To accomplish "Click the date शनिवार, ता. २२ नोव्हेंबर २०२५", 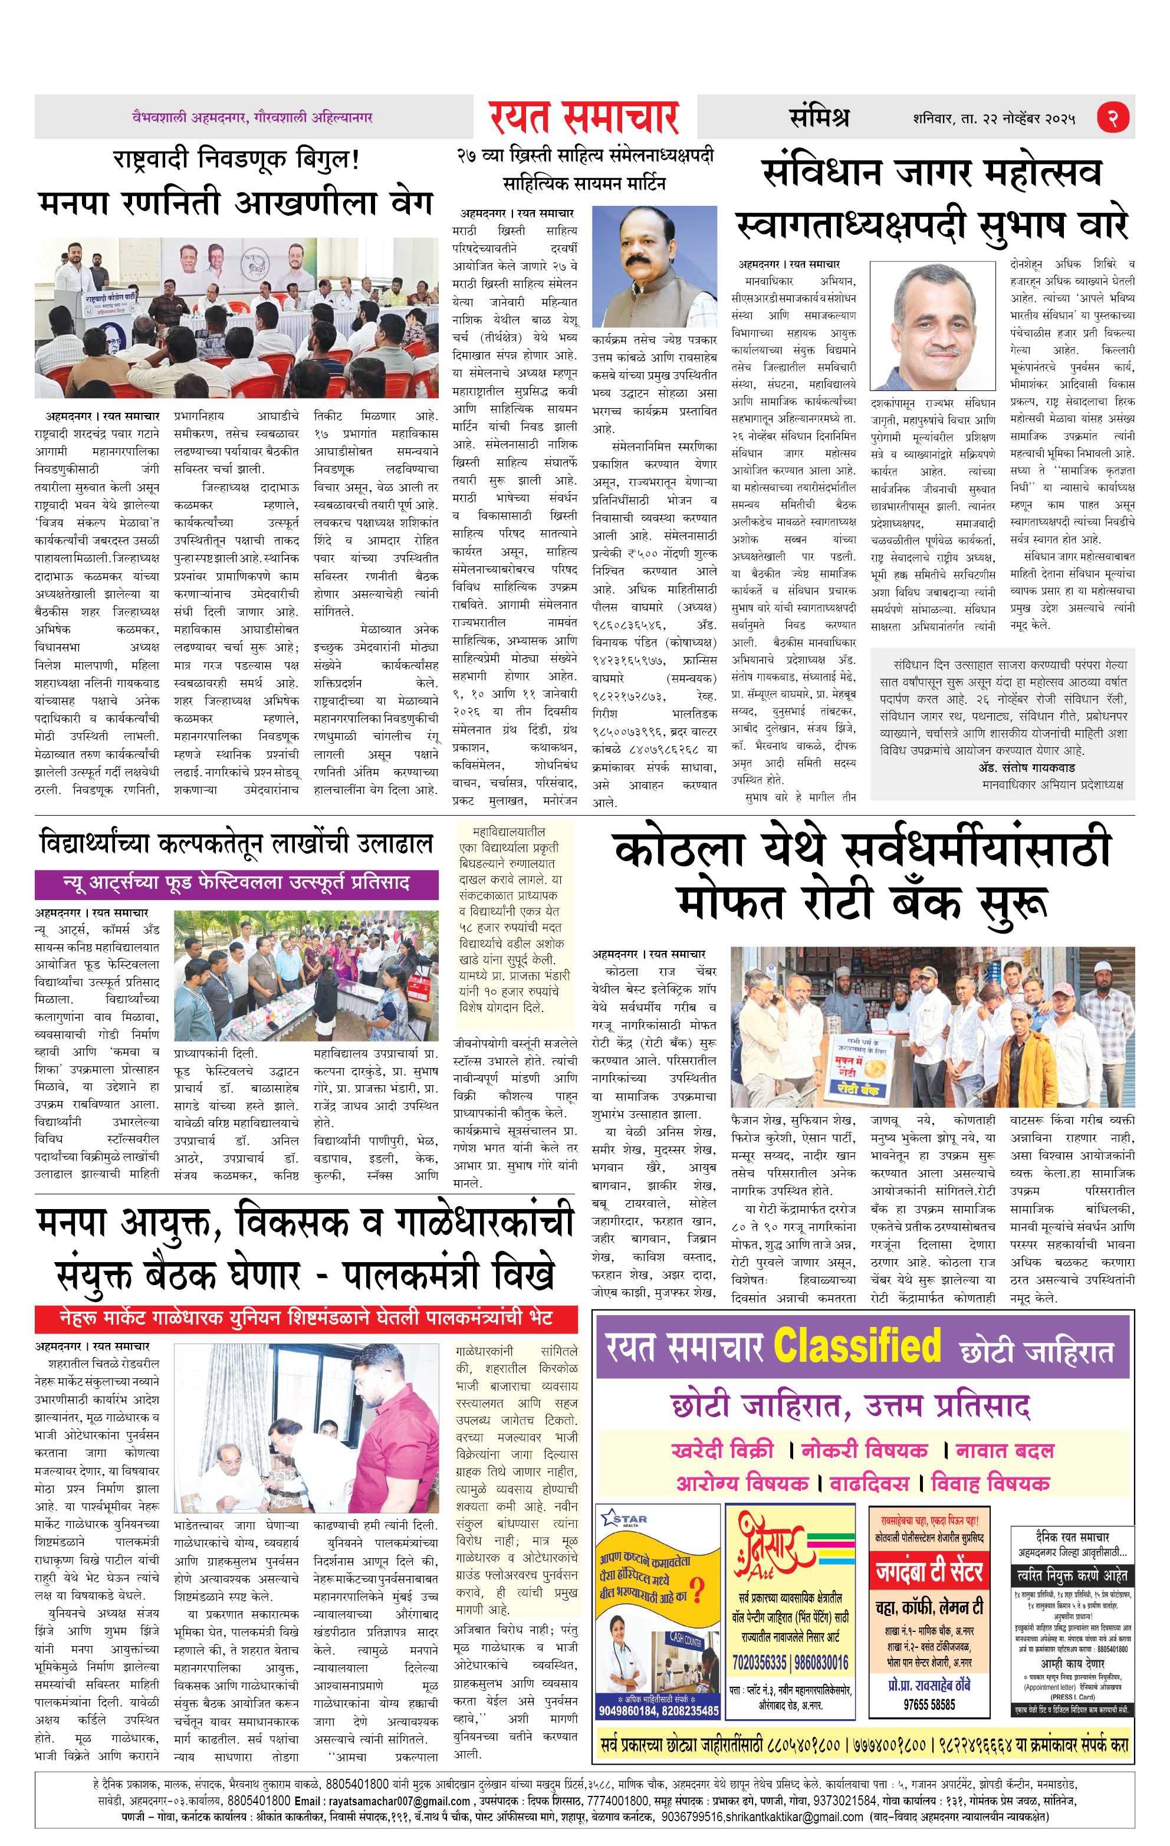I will click(994, 119).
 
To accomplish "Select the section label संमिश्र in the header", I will click(819, 117).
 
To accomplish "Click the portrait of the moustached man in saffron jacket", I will click(654, 266).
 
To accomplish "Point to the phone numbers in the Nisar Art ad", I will click(790, 1663).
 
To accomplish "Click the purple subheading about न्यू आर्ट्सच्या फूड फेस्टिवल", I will click(236, 883).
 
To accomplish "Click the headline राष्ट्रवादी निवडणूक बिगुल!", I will click(236, 159).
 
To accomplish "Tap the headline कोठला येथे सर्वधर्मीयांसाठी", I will click(862, 849).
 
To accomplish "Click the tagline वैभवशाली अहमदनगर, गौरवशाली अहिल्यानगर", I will click(252, 118).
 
